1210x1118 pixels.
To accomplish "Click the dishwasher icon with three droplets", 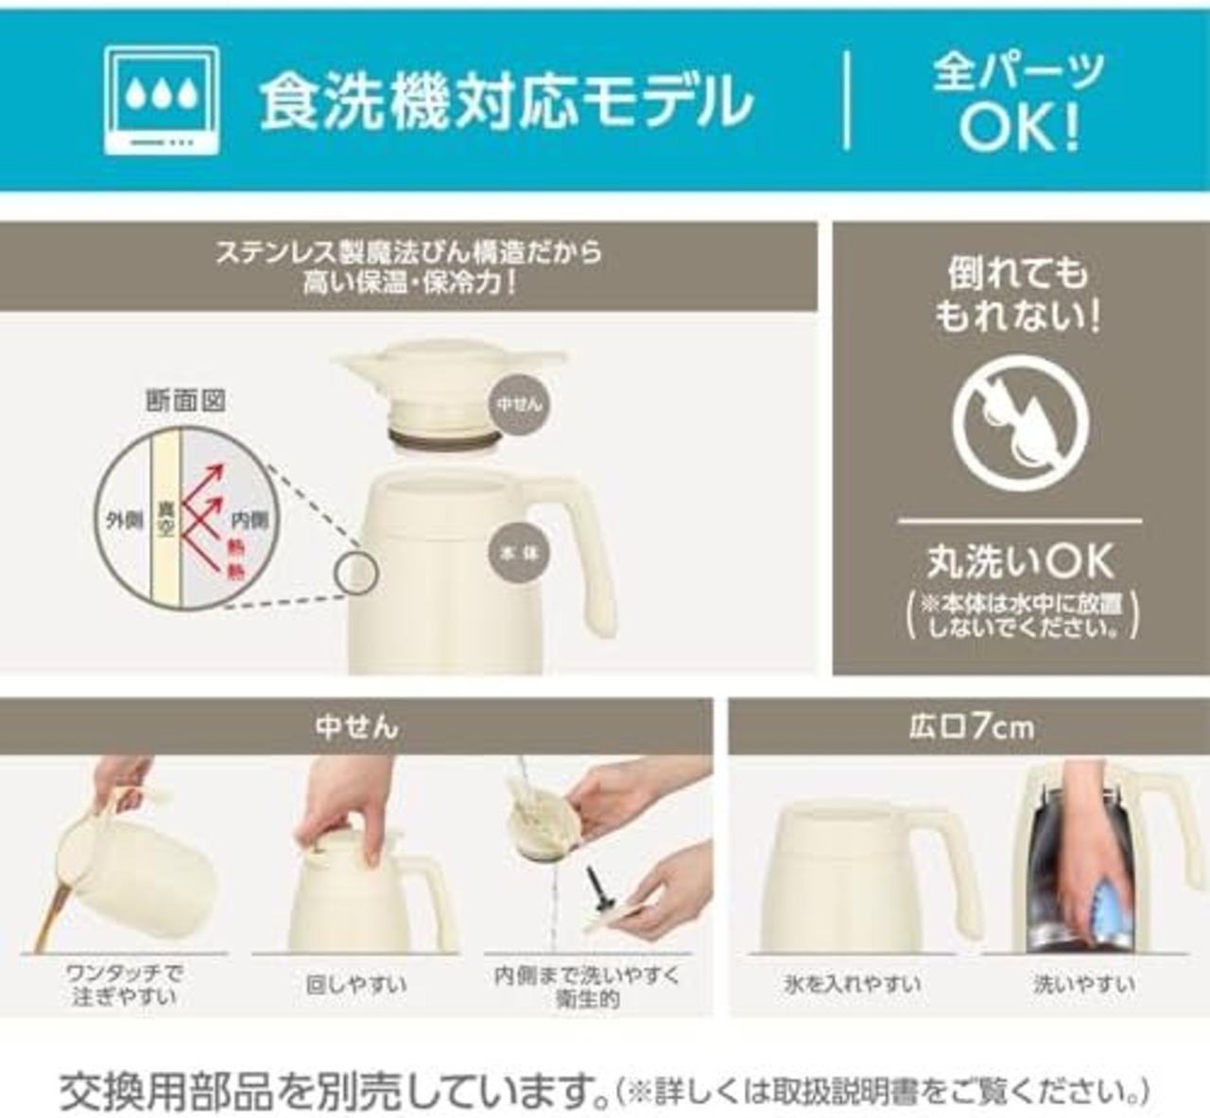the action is [x=162, y=100].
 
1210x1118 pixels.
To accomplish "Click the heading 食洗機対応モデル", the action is [x=507, y=103].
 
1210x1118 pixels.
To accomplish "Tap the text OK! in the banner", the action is [x=1019, y=129].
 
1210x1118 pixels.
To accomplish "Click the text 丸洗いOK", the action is [x=1020, y=561].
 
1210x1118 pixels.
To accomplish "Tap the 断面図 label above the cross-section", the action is [x=186, y=401].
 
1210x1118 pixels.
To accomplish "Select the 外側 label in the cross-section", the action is [x=124, y=521].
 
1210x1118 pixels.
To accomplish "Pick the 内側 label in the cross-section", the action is [x=250, y=520].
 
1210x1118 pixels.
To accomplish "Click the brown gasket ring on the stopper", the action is [x=443, y=439].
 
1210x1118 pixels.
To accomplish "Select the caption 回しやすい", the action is [x=355, y=985].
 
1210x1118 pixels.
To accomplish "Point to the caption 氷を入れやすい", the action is [x=852, y=984].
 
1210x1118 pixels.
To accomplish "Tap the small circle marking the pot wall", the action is [x=357, y=574].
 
